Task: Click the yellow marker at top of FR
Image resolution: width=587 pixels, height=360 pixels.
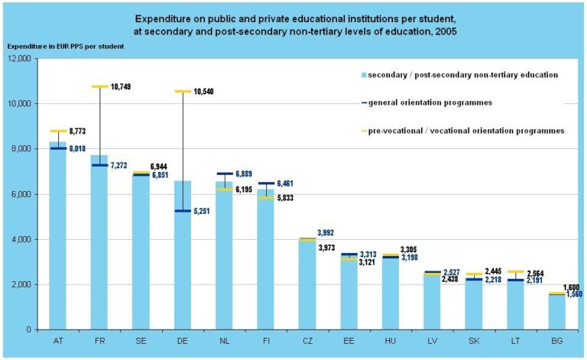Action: point(99,86)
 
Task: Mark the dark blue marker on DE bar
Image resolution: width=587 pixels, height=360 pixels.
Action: point(183,211)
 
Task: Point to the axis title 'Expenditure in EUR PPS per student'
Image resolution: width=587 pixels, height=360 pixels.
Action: point(65,46)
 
